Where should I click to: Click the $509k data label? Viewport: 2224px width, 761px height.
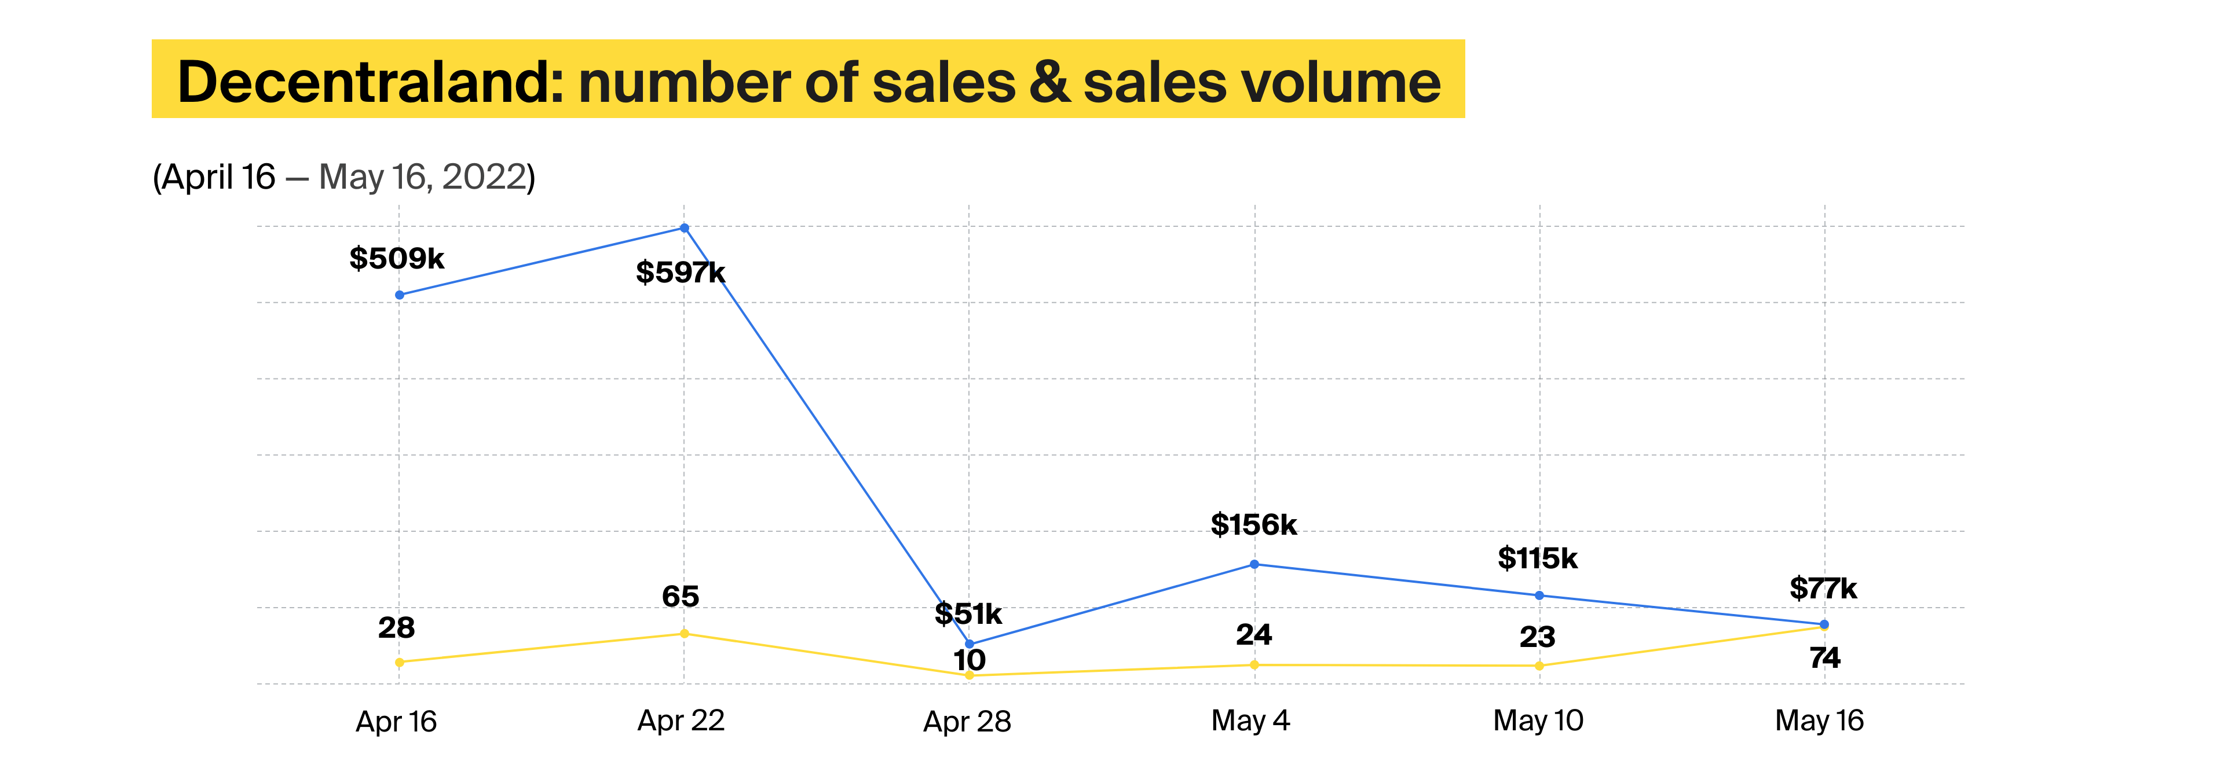click(x=396, y=258)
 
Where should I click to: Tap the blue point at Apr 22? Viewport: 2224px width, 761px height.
click(x=684, y=228)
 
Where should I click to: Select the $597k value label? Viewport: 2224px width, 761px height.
click(x=681, y=273)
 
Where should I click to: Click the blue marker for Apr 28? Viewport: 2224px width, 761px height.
click(x=969, y=644)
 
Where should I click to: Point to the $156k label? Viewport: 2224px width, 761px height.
click(x=1253, y=524)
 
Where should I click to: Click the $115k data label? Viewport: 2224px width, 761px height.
click(x=1538, y=558)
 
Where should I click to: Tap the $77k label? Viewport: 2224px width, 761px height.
click(x=1823, y=589)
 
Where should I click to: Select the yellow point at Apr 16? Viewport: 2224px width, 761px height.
click(x=399, y=662)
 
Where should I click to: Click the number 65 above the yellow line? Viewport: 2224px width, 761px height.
click(x=681, y=596)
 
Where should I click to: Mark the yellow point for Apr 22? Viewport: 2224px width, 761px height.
click(x=684, y=633)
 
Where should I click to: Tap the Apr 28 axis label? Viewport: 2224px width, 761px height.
click(x=967, y=721)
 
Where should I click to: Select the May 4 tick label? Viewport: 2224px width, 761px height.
click(x=1250, y=720)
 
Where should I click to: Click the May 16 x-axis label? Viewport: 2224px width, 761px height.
click(x=1819, y=720)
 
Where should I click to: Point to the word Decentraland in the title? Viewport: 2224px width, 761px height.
click(x=370, y=82)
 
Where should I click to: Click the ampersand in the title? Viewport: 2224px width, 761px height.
click(x=1049, y=82)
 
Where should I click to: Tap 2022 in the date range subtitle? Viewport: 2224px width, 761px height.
click(x=484, y=177)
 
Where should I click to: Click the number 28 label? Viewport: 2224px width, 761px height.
click(x=396, y=628)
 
